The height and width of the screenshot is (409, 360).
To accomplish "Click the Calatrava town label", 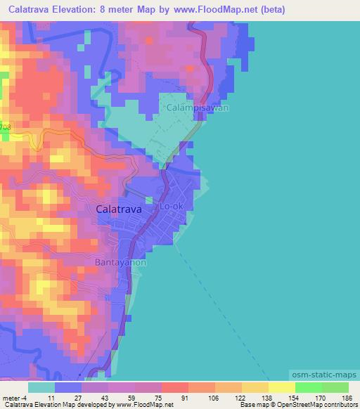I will click(118, 209).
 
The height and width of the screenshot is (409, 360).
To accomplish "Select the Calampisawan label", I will click(198, 108).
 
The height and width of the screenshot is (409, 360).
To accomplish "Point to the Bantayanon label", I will click(120, 262).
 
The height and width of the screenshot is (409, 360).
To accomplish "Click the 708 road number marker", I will click(6, 127).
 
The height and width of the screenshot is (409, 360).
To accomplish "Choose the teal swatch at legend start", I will click(41, 387).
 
